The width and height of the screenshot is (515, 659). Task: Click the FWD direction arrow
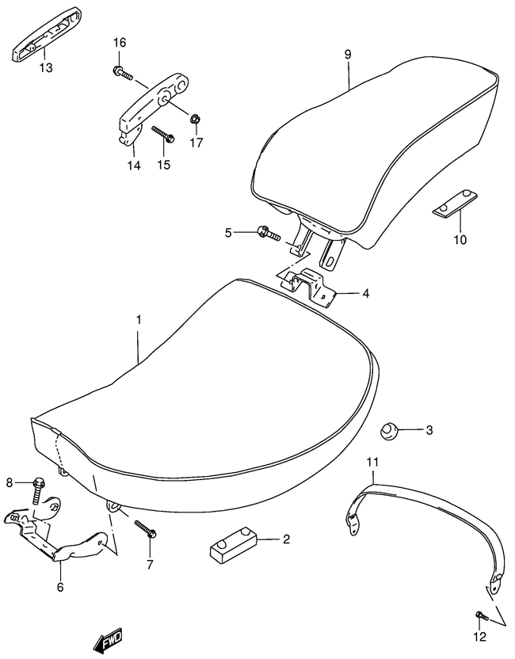coord(108,641)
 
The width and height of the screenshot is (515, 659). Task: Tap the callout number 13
coord(46,67)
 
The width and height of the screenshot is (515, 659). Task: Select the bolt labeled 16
coord(123,73)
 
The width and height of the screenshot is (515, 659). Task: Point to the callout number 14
coord(134,166)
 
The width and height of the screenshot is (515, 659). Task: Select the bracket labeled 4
coord(309,288)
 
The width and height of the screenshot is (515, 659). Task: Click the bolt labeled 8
coord(39,491)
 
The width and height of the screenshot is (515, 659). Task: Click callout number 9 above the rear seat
coord(348,55)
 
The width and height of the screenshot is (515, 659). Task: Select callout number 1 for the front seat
coord(139,320)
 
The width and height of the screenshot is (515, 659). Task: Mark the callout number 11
coord(372,463)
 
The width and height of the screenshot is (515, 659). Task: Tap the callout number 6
coord(60,587)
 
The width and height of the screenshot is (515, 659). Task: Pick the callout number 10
coord(460,240)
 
